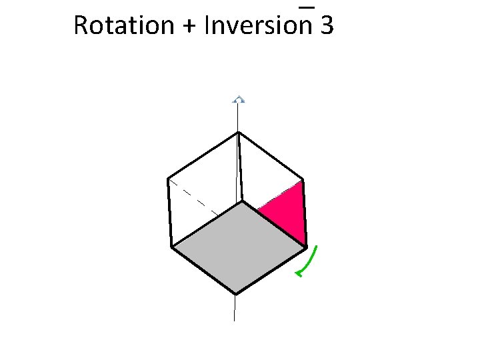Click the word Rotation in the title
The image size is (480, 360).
pyautogui.click(x=123, y=25)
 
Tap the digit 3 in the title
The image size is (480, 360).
pyautogui.click(x=327, y=25)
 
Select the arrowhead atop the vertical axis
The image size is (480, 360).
pyautogui.click(x=239, y=100)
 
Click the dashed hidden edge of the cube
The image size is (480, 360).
pyautogui.click(x=193, y=197)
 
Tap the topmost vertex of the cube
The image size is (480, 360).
pyautogui.click(x=238, y=133)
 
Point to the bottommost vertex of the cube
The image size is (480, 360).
pyautogui.click(x=236, y=293)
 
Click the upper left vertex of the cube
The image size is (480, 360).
pyautogui.click(x=168, y=179)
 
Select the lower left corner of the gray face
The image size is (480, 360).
pyautogui.click(x=172, y=247)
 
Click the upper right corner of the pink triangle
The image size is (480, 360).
pyautogui.click(x=303, y=181)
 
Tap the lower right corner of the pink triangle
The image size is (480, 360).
pyautogui.click(x=306, y=246)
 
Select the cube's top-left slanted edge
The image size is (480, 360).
pyautogui.click(x=203, y=156)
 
